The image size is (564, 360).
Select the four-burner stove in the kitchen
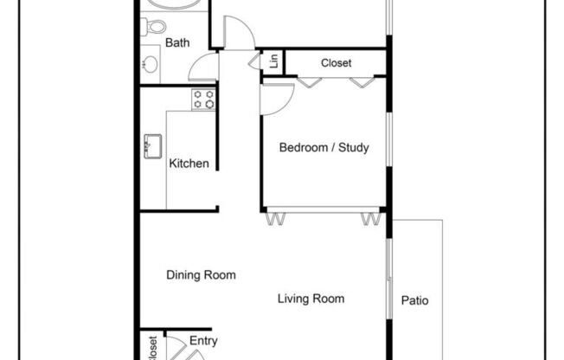(x=203, y=100)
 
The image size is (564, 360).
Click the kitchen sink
(x=153, y=146)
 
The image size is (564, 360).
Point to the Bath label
(x=177, y=42)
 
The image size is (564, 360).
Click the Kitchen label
(x=189, y=163)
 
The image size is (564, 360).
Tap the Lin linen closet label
(x=273, y=62)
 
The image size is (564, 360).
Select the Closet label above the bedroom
(x=336, y=62)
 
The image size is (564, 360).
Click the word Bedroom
(x=302, y=147)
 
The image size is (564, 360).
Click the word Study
(x=353, y=147)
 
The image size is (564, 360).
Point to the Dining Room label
(x=201, y=276)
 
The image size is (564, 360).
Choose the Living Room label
(x=311, y=299)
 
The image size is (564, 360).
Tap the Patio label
(x=415, y=302)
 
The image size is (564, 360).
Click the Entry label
(x=202, y=341)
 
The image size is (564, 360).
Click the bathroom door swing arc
(x=203, y=67)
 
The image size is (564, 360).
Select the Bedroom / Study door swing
(x=277, y=98)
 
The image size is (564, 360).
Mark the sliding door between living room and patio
(x=388, y=277)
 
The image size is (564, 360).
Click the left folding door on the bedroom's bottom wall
(x=274, y=217)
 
